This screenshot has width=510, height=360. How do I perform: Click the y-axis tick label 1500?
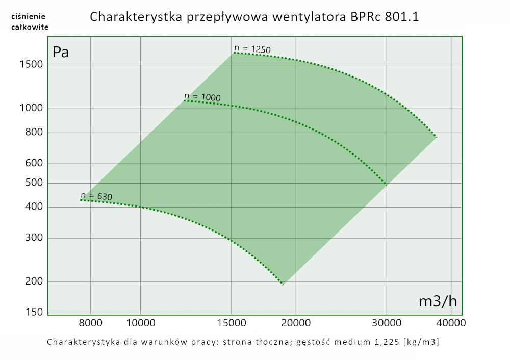point(31,65)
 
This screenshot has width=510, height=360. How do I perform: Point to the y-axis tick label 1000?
point(31,109)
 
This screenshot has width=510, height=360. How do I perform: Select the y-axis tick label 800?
point(34,133)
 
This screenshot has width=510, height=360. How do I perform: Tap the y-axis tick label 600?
point(34,164)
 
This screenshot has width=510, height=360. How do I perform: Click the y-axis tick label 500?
point(34,183)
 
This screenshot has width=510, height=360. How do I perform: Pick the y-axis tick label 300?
point(34,238)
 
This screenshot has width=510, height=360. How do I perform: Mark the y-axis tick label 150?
point(34,312)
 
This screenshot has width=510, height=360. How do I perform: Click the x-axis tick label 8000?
point(91,323)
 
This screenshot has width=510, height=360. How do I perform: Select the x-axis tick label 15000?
point(232,323)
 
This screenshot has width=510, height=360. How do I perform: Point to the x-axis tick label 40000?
point(449,323)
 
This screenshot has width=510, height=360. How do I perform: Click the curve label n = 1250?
point(252,49)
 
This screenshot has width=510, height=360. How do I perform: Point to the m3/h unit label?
point(438,301)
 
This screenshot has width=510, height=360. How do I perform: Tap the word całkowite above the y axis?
point(30,27)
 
